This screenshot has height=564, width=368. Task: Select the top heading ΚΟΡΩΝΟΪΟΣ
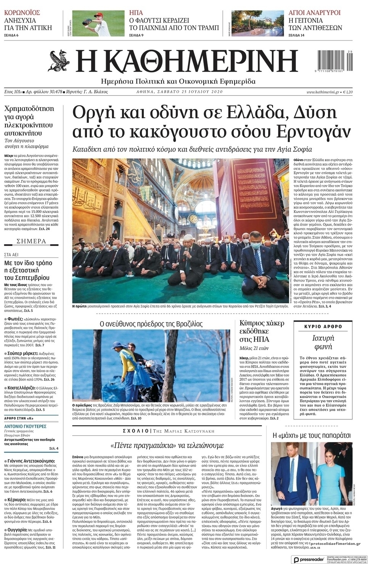pos(22,13)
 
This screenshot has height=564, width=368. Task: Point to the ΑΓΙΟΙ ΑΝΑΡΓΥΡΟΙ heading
pos(315,13)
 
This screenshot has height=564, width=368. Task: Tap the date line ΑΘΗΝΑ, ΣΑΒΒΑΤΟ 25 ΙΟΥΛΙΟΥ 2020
pos(179,92)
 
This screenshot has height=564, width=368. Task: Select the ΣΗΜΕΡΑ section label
pos(31,242)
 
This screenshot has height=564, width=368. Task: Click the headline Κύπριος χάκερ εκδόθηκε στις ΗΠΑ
pos(262,331)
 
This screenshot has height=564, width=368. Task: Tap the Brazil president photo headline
pos(151,324)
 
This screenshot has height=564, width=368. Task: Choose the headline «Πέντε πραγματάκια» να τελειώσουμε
pos(167,445)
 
